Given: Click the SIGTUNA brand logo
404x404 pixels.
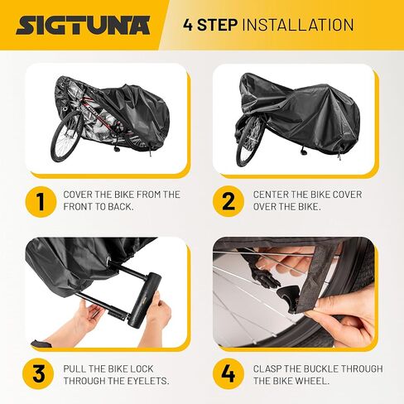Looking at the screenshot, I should [83, 24].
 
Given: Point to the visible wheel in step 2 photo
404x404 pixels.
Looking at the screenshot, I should [249, 142].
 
